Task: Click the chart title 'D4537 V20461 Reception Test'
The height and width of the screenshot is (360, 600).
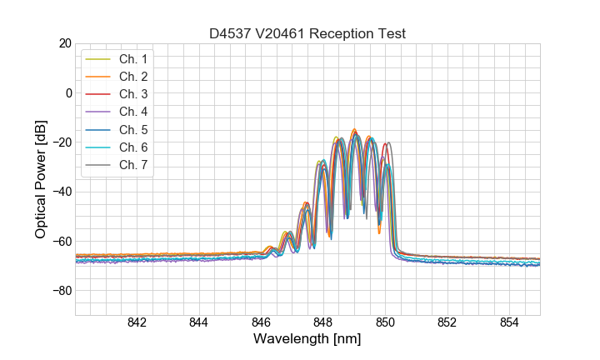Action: click(x=307, y=33)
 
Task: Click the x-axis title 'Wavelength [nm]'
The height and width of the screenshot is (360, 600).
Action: click(x=307, y=340)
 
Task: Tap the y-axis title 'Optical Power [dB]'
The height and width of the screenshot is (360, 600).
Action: click(x=41, y=179)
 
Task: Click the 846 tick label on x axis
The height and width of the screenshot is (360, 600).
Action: click(x=261, y=322)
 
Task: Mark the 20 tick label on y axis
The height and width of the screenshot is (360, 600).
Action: click(x=63, y=43)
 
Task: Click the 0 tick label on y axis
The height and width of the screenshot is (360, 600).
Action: click(x=67, y=92)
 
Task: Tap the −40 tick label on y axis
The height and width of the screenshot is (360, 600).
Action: click(x=59, y=192)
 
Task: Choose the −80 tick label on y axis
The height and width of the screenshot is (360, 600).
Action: click(x=59, y=291)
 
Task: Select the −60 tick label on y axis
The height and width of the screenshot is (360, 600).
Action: click(x=59, y=242)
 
